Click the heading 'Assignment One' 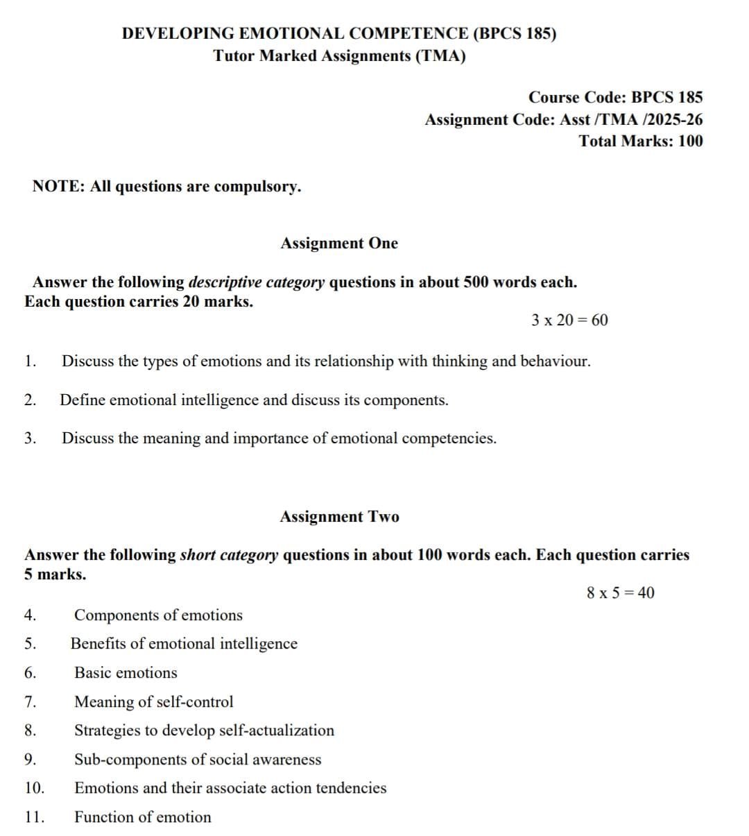(339, 244)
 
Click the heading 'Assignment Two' (339, 517)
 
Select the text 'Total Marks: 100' (641, 142)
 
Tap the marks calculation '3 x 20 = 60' (569, 320)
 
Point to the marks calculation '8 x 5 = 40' (620, 592)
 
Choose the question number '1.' (29, 361)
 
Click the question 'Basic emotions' (126, 673)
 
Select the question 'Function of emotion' (143, 817)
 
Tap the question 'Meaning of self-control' (153, 702)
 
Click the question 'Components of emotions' (158, 615)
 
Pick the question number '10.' (34, 788)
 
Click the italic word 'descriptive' (225, 282)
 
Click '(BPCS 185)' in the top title (514, 34)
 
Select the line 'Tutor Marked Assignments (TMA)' (339, 56)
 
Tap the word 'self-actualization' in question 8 (276, 731)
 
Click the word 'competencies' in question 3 (449, 438)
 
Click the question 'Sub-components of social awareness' (198, 760)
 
